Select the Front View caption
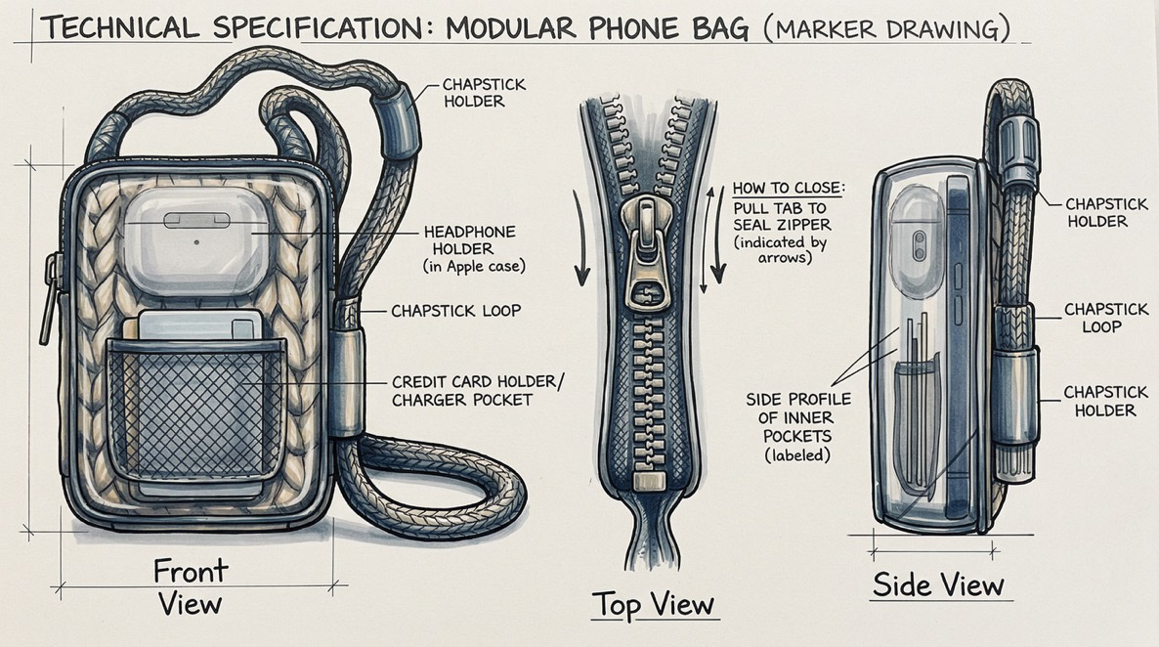(x=192, y=585)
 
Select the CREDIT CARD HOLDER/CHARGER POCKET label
(x=478, y=391)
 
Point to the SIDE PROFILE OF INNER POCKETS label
(x=798, y=427)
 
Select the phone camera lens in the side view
(x=920, y=244)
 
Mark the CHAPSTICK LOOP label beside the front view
(x=456, y=311)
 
